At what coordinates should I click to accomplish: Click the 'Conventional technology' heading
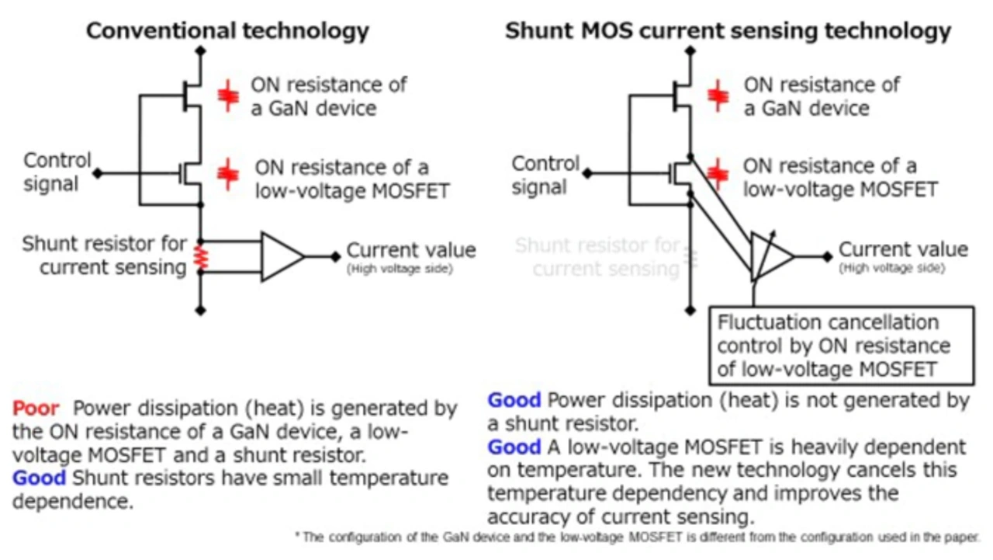[x=227, y=32]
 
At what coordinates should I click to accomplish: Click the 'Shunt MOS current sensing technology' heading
[x=728, y=32]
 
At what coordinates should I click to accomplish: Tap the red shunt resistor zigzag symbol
[x=201, y=257]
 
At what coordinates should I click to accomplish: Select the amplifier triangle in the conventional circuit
[x=282, y=256]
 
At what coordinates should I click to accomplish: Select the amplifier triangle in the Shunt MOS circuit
[x=772, y=256]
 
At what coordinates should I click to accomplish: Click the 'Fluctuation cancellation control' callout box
[x=842, y=345]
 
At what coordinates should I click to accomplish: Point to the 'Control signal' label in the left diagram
[x=57, y=172]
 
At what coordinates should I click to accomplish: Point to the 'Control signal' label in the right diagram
[x=545, y=175]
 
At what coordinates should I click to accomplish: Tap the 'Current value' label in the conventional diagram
[x=411, y=250]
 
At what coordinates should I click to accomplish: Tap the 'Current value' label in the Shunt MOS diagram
[x=903, y=249]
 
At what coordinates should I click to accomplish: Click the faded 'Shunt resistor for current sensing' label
[x=597, y=257]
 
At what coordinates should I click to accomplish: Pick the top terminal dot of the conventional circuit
[x=200, y=51]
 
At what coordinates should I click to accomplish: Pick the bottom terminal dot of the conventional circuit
[x=200, y=310]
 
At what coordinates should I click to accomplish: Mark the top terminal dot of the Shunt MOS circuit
[x=690, y=51]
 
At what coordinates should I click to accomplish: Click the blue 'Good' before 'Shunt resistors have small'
[x=39, y=478]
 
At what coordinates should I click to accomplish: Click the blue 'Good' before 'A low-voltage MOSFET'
[x=514, y=447]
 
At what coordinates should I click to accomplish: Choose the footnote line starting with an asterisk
[x=637, y=537]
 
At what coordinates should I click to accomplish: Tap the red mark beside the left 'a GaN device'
[x=228, y=96]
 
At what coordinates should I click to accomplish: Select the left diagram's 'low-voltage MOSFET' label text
[x=352, y=191]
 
